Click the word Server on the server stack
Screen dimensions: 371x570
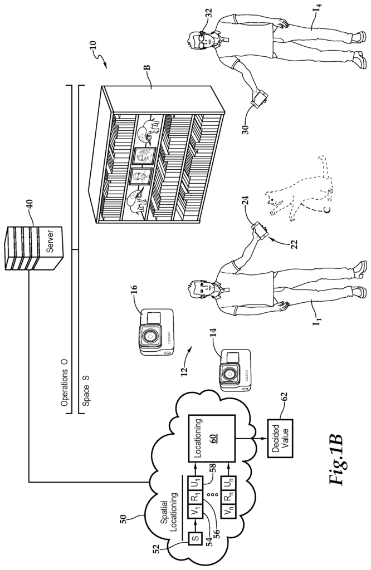(x=50, y=240)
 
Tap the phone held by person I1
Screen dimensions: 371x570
(x=260, y=230)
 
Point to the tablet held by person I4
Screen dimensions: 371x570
(x=260, y=99)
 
